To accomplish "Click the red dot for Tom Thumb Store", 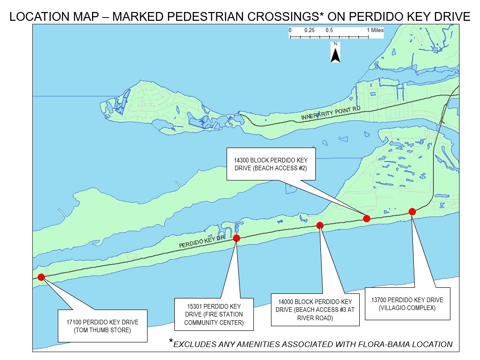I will click(x=41, y=277).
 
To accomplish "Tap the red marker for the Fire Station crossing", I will click(x=236, y=238).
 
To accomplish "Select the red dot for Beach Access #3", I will click(x=320, y=225).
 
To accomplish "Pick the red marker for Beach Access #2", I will click(x=367, y=218).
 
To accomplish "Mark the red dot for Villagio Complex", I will click(x=412, y=211).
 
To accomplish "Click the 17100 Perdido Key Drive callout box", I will click(x=102, y=326).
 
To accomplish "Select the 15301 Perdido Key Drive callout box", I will click(x=214, y=314).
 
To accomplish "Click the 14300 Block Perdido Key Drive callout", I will click(x=271, y=164).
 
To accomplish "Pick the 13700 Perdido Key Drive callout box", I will click(x=407, y=304).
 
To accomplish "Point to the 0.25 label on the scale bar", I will click(x=309, y=30).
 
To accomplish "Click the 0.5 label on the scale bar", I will click(x=329, y=30).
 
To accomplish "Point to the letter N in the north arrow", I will click(x=335, y=45).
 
